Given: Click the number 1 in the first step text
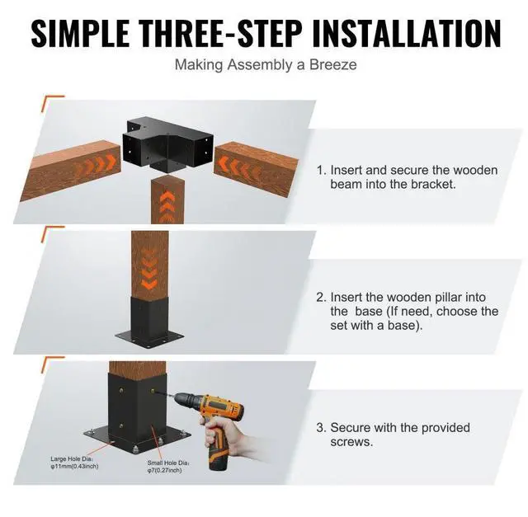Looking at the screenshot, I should (321, 171).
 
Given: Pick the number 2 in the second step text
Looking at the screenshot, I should (321, 297).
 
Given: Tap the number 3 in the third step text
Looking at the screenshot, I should (321, 428).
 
